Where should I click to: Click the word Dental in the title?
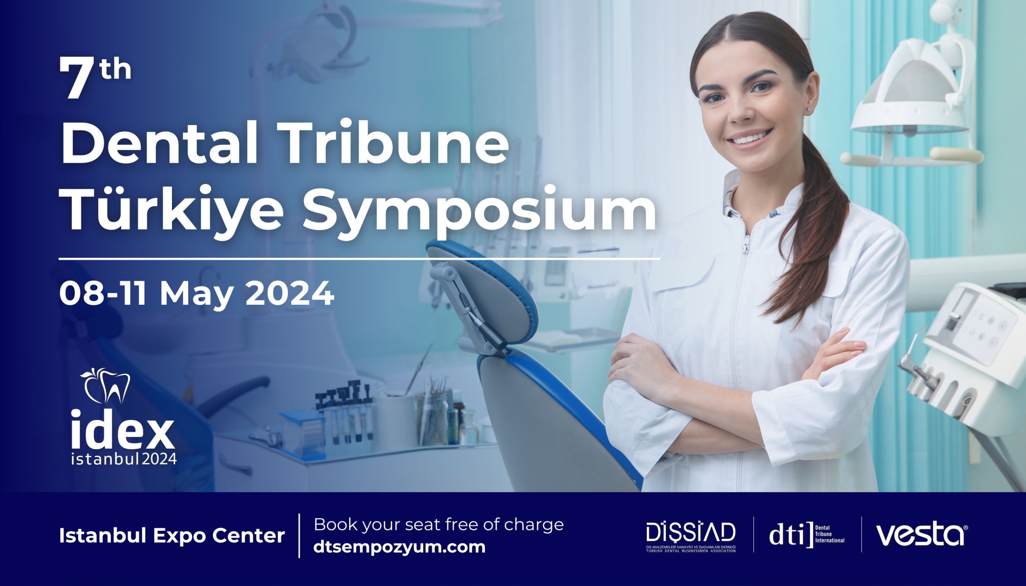pyautogui.click(x=159, y=142)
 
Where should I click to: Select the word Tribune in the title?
pyautogui.click(x=396, y=142)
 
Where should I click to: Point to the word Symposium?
pyautogui.click(x=479, y=209)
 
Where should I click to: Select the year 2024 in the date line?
pyautogui.click(x=289, y=293)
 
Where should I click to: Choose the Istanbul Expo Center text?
pyautogui.click(x=172, y=536)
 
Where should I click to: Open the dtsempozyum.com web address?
pyautogui.click(x=399, y=547)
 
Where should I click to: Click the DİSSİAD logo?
pyautogui.click(x=690, y=535)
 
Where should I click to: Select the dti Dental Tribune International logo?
pyautogui.click(x=806, y=535)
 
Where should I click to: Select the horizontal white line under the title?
pyautogui.click(x=359, y=258)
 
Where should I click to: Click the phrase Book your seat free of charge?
pyautogui.click(x=438, y=524)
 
